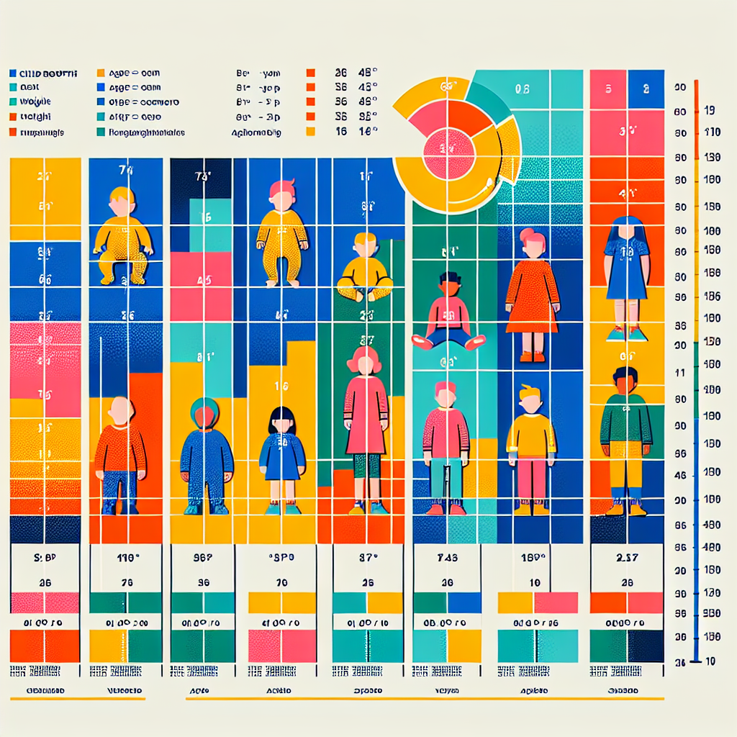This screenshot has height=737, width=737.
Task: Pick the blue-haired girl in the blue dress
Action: tap(627, 273)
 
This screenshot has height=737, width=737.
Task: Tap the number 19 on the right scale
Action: tap(710, 111)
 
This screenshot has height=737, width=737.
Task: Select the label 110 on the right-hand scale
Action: tap(710, 133)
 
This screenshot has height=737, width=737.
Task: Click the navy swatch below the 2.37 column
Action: tap(646, 646)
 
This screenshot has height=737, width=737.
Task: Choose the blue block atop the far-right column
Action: tap(645, 89)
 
